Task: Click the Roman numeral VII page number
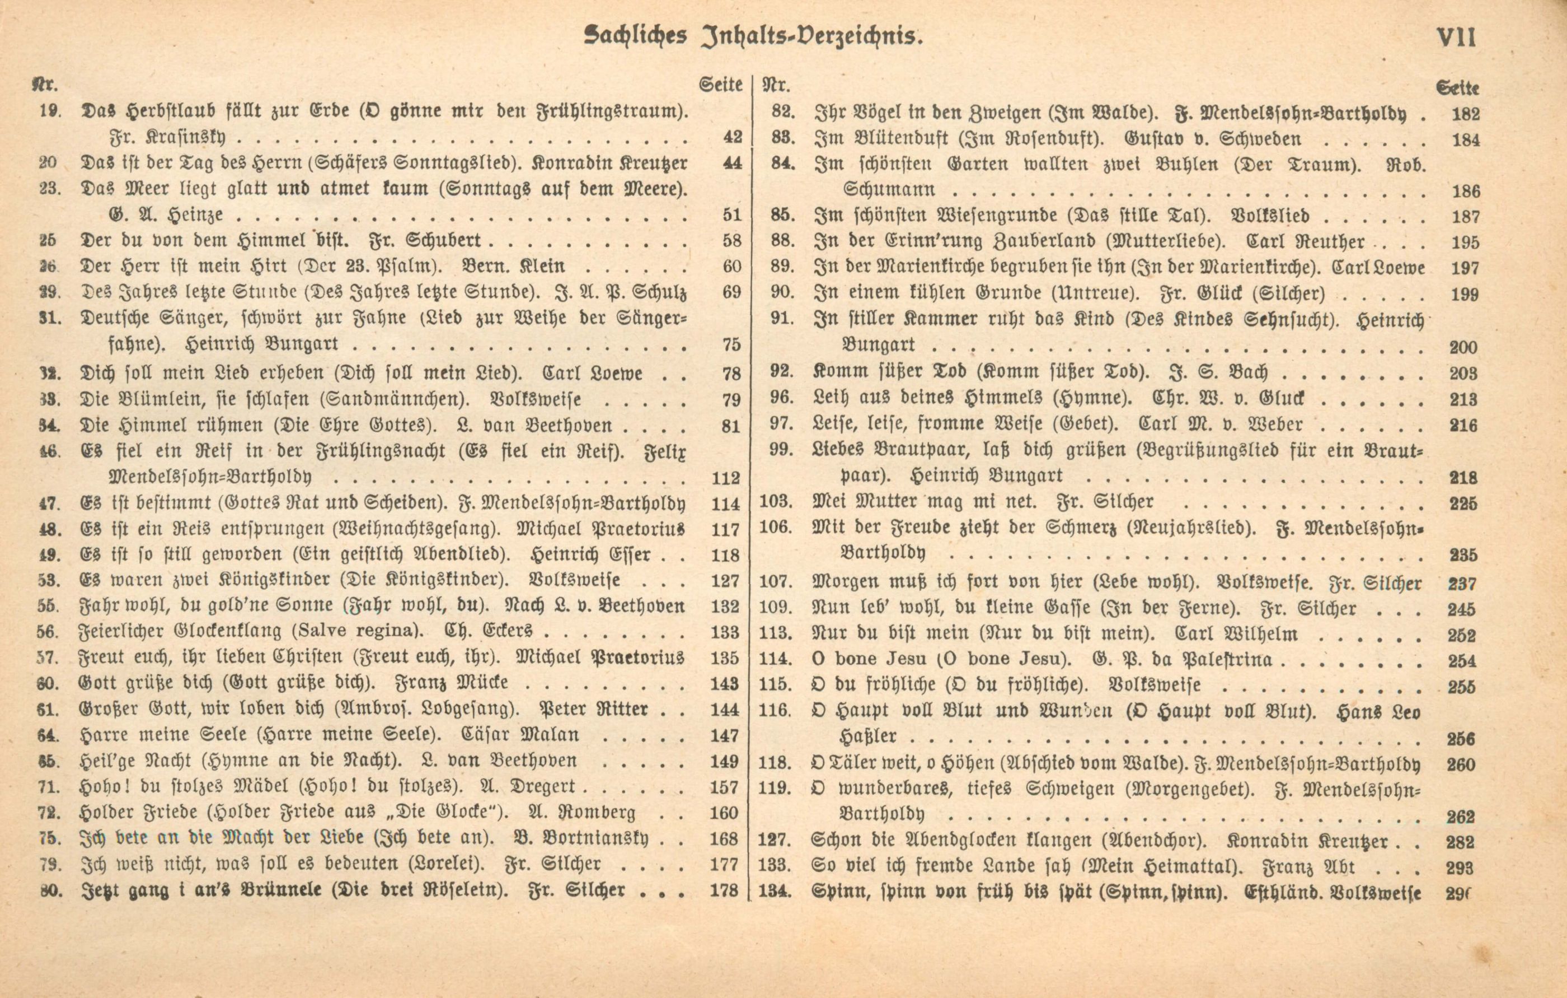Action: click(1456, 37)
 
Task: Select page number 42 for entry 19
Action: click(732, 138)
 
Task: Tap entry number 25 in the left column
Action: click(47, 241)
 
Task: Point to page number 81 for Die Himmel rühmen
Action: click(731, 426)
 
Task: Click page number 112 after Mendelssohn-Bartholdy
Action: click(726, 478)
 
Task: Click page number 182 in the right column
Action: click(1466, 115)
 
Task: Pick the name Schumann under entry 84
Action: click(889, 190)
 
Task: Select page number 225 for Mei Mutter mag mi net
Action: click(1463, 504)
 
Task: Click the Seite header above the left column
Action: click(720, 85)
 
